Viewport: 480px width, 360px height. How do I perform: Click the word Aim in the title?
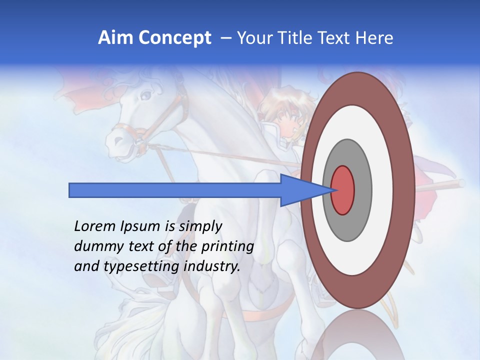click(114, 38)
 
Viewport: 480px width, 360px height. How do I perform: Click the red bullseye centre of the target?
click(342, 190)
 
